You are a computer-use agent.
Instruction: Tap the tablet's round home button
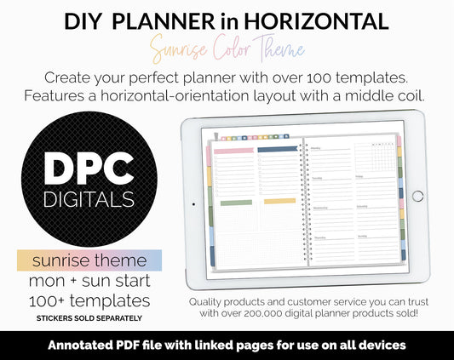click(x=417, y=196)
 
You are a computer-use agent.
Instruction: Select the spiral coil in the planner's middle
click(x=301, y=197)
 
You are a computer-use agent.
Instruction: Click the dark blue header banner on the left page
click(x=277, y=149)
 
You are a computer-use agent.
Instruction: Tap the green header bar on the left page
click(x=236, y=202)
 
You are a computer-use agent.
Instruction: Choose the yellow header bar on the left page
click(x=279, y=202)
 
